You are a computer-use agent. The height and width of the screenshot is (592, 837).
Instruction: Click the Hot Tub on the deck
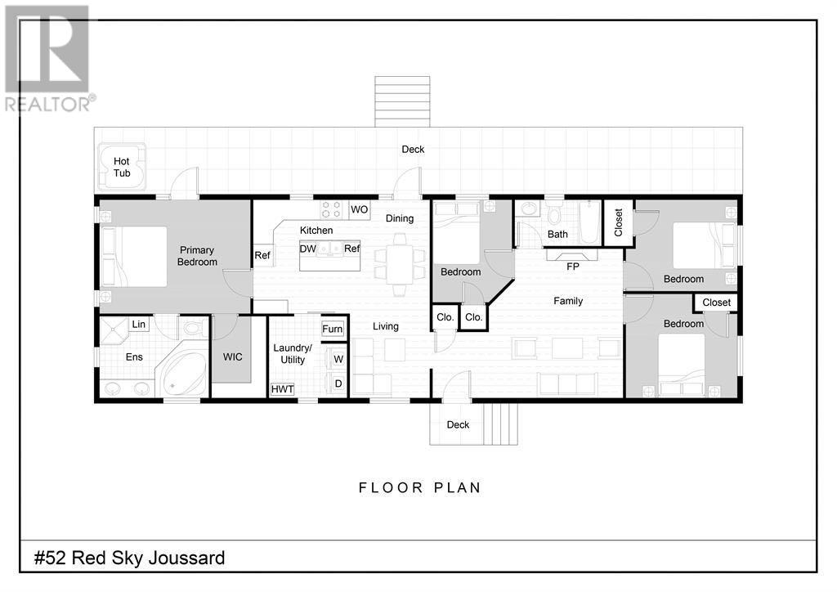[x=123, y=167]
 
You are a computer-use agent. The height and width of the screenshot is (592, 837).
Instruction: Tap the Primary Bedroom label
[x=197, y=256]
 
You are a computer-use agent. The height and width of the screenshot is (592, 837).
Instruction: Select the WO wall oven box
[x=360, y=209]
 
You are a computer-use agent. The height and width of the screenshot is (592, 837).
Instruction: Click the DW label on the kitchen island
[x=308, y=249]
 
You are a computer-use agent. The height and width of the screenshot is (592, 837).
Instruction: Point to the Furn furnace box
[x=333, y=329]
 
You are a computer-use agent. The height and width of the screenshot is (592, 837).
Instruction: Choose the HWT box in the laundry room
[x=282, y=389]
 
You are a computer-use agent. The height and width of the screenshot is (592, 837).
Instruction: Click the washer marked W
[x=338, y=359]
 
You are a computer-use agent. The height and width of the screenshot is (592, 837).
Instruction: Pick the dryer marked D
[x=338, y=383]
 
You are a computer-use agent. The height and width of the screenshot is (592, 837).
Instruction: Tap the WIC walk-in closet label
[x=232, y=357]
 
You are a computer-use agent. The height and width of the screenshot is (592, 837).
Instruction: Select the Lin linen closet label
[x=138, y=324]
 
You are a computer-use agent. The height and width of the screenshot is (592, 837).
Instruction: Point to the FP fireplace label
[x=572, y=267]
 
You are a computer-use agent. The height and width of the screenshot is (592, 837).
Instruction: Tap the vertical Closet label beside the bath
[x=619, y=222]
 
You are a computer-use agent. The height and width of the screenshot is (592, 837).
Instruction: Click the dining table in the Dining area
[x=399, y=264]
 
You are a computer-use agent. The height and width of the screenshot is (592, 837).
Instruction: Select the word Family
[x=568, y=301]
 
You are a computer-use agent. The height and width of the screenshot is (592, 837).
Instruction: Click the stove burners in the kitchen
[x=331, y=209]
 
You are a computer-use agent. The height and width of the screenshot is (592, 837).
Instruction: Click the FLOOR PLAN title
[x=420, y=487]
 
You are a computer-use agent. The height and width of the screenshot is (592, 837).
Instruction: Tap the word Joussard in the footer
[x=186, y=558]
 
